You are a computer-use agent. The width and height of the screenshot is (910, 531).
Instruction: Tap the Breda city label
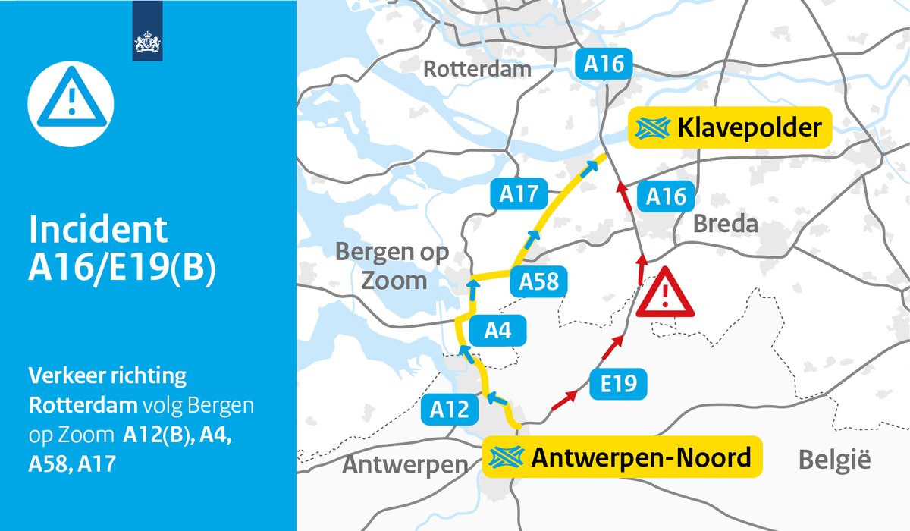pyautogui.click(x=725, y=225)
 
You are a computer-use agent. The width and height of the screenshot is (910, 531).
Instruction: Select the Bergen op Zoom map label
pyautogui.click(x=392, y=266)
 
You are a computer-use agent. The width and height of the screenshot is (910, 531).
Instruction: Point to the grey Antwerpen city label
pyautogui.click(x=405, y=464)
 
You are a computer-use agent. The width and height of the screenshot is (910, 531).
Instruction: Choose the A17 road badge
pyautogui.click(x=518, y=195)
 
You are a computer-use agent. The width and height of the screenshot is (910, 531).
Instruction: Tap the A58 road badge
pyautogui.click(x=538, y=281)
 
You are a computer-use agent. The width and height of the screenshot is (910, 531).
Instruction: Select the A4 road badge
pyautogui.click(x=496, y=331)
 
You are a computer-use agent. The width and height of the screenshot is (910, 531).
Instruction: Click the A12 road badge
pyautogui.click(x=450, y=410)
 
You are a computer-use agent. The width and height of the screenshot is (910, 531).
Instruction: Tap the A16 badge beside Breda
pyautogui.click(x=666, y=198)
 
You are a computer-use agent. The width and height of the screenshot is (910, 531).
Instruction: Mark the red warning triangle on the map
pyautogui.click(x=664, y=293)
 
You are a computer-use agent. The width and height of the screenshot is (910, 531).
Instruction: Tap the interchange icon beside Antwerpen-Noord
pyautogui.click(x=507, y=457)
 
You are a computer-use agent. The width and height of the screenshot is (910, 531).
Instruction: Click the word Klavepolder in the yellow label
pyautogui.click(x=749, y=127)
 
